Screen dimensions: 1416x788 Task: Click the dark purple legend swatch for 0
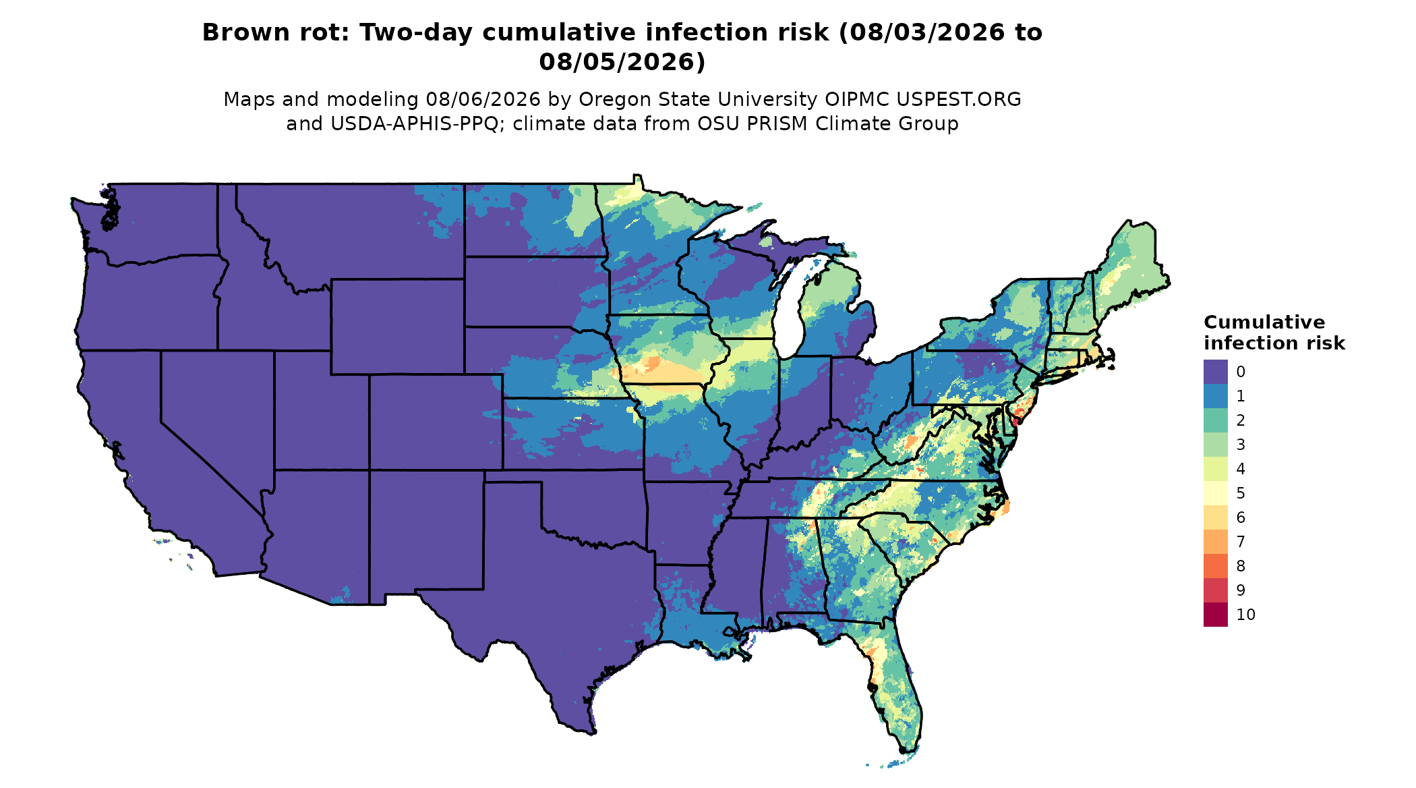[1215, 372]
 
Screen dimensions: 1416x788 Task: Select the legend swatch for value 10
[1215, 615]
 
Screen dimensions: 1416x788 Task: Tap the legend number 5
[1241, 493]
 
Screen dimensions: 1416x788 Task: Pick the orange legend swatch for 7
[1215, 542]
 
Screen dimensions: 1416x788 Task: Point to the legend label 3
[1241, 445]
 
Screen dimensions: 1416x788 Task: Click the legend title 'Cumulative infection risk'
[1274, 333]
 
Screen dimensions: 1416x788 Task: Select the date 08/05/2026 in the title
[622, 62]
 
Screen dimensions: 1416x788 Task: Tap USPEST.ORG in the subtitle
[959, 99]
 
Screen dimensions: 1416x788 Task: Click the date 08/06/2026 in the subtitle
[483, 99]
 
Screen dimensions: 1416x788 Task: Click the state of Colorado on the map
[436, 422]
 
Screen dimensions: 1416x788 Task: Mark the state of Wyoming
[397, 327]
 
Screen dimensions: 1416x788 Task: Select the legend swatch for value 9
[1215, 590]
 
